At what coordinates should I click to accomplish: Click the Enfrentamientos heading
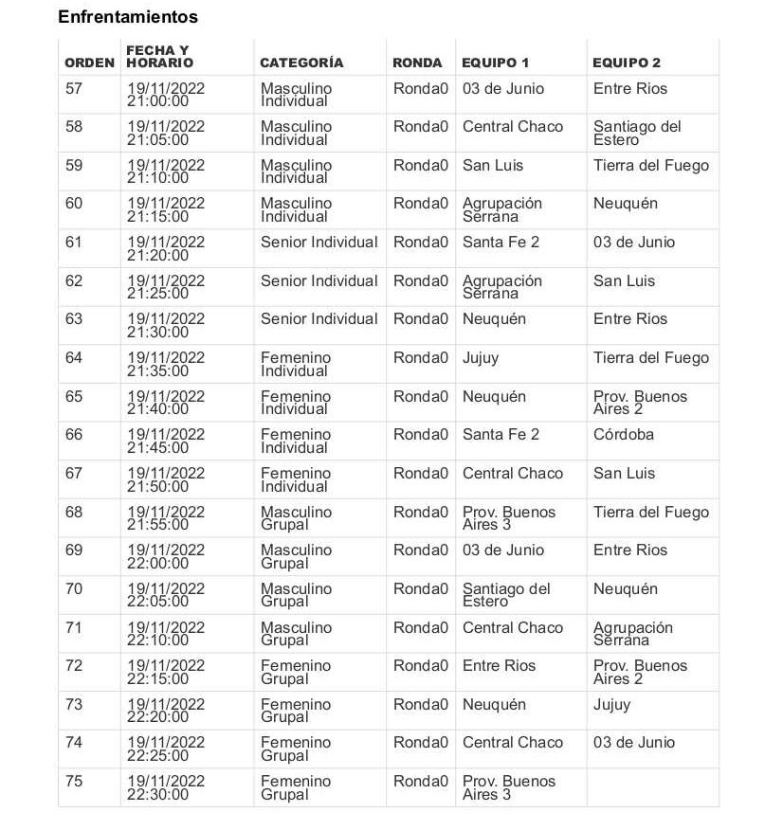[128, 17]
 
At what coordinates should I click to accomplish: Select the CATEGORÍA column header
[301, 63]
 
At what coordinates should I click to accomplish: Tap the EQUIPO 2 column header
[627, 63]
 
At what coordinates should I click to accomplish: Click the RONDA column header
[417, 63]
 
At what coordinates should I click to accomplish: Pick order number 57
[74, 89]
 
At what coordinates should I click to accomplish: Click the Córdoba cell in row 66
[624, 435]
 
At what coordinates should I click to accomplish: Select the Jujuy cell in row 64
[481, 358]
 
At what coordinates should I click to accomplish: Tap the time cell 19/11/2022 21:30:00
[166, 326]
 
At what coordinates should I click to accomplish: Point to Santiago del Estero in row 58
[637, 134]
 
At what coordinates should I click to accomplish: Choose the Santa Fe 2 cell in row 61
[501, 243]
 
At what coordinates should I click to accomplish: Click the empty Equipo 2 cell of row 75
[652, 787]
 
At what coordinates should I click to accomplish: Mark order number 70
[74, 589]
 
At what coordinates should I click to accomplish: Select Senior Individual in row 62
[319, 281]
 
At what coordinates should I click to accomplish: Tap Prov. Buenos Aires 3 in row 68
[509, 518]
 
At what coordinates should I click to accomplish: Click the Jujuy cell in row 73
[611, 705]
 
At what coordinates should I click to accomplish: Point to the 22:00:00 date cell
[166, 557]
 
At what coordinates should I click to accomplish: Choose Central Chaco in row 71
[513, 628]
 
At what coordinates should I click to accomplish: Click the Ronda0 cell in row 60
[421, 204]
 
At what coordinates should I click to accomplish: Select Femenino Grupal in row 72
[296, 673]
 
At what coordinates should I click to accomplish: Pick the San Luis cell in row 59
[493, 166]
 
